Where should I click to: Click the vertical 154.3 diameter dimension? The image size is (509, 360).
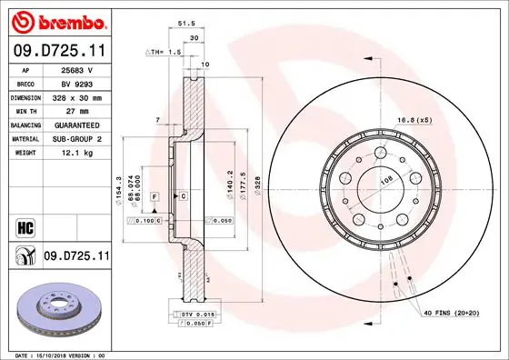[119, 189]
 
